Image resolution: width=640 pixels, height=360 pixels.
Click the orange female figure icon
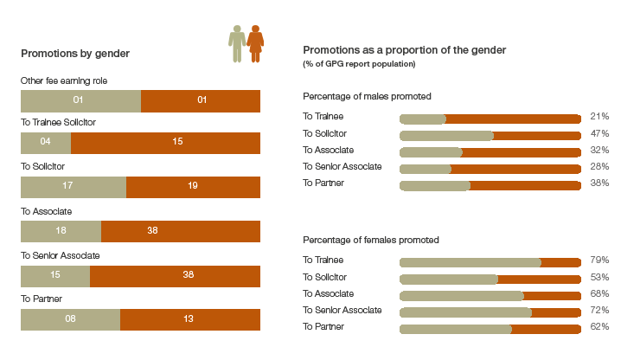tap(255, 44)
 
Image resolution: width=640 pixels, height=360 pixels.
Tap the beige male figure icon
tap(237, 44)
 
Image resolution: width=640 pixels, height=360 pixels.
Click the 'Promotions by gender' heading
tap(75, 54)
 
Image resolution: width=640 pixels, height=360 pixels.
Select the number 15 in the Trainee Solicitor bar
tap(177, 141)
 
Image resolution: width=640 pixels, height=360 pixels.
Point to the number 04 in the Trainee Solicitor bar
tap(45, 141)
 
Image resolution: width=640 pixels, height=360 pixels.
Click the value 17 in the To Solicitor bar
tap(67, 185)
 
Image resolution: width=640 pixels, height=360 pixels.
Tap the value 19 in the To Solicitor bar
tap(193, 185)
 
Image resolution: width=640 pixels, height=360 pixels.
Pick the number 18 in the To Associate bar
tap(61, 230)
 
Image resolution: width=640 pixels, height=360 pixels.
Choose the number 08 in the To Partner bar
tap(70, 318)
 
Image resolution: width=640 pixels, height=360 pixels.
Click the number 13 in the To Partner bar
tap(189, 318)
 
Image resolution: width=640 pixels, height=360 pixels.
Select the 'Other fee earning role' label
tap(64, 80)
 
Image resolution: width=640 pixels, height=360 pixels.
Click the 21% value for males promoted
tap(599, 117)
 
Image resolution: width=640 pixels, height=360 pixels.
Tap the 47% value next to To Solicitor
tap(599, 133)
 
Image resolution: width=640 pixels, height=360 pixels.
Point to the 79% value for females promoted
tap(599, 260)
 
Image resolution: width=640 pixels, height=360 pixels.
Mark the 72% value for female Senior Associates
tap(599, 310)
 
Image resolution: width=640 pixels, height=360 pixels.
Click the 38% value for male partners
tap(599, 183)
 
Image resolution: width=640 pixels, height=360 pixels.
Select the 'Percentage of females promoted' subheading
tap(371, 240)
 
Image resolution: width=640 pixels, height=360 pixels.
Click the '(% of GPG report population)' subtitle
tap(359, 64)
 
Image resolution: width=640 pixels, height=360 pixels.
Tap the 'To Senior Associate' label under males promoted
tap(342, 167)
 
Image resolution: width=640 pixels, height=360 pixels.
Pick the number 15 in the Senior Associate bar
tap(55, 274)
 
